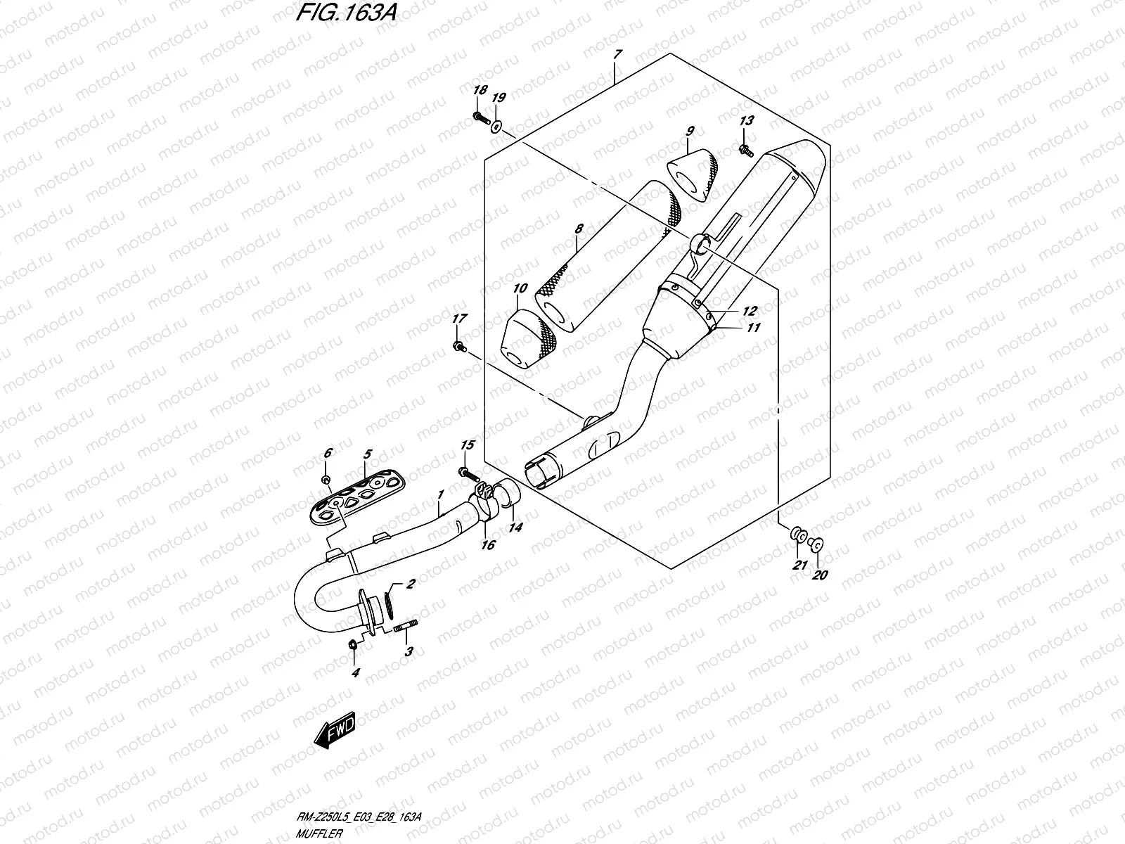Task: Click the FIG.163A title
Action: click(x=347, y=12)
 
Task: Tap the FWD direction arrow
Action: click(x=334, y=730)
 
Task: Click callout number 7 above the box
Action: click(x=618, y=54)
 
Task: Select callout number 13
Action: click(x=746, y=120)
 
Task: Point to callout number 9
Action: click(x=690, y=131)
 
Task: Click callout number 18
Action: click(x=480, y=90)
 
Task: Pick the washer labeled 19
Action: click(x=496, y=127)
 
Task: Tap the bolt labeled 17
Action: click(x=460, y=347)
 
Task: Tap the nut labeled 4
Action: click(x=353, y=644)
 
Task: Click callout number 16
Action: click(x=488, y=544)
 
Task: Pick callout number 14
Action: click(x=515, y=527)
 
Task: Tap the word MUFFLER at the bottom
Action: click(x=319, y=833)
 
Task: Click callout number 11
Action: click(x=754, y=327)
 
